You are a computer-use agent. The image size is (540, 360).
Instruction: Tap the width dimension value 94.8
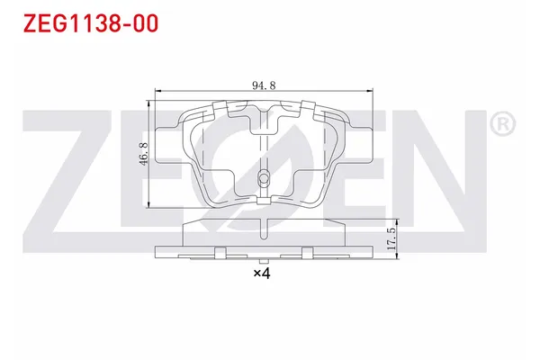(x=263, y=86)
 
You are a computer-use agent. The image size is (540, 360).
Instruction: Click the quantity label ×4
(x=262, y=273)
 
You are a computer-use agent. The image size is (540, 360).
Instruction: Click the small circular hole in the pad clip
(x=263, y=177)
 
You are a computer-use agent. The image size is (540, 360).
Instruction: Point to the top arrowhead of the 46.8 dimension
(x=148, y=98)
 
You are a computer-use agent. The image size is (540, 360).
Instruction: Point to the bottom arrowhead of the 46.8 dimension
(x=148, y=205)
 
